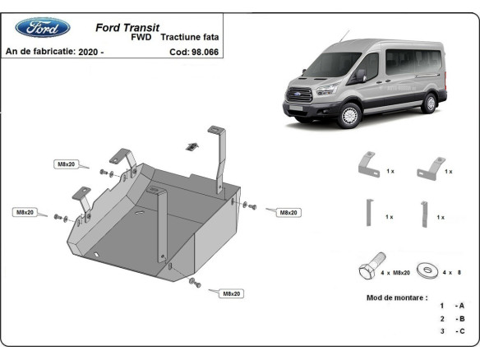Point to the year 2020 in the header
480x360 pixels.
[89, 51]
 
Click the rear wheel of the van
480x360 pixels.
[428, 103]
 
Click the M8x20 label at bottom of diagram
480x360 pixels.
[230, 293]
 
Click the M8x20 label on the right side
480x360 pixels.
[287, 212]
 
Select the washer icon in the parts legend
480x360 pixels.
[427, 270]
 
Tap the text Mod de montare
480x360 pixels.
[396, 297]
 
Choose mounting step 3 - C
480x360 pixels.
[453, 330]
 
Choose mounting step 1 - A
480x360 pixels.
[453, 305]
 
